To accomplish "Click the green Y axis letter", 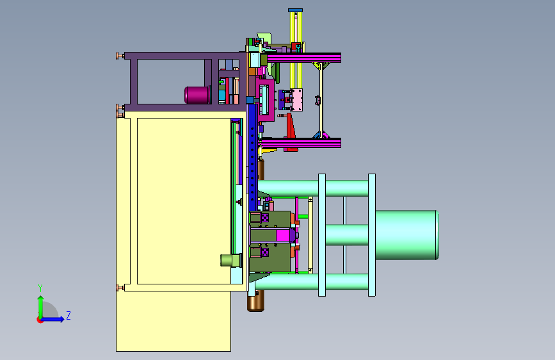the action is tap(40, 288).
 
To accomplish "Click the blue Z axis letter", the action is tap(68, 315).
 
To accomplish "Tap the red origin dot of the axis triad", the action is tap(40, 320).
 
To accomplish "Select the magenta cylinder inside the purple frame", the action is tap(197, 95).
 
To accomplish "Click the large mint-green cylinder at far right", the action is tap(407, 235).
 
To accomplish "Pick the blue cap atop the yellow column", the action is tap(295, 10).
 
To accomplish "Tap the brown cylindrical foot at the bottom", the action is tap(255, 304).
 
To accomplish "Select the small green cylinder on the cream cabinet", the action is tap(231, 260).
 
